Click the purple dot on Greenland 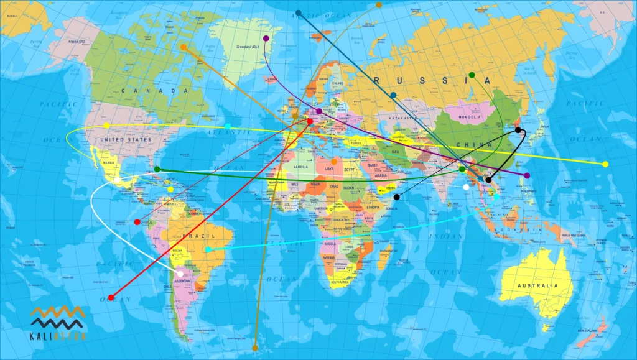pyautogui.click(x=266, y=39)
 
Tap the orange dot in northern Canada pyautogui.click(x=183, y=47)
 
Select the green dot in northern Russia pyautogui.click(x=472, y=75)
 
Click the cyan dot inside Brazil pyautogui.click(x=208, y=249)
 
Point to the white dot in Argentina pyautogui.click(x=180, y=274)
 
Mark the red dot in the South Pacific pyautogui.click(x=111, y=298)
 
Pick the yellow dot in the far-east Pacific pyautogui.click(x=605, y=164)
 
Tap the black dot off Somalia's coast pyautogui.click(x=397, y=197)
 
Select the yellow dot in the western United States pyautogui.click(x=106, y=126)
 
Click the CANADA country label pyautogui.click(x=155, y=91)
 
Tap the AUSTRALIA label pyautogui.click(x=536, y=286)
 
